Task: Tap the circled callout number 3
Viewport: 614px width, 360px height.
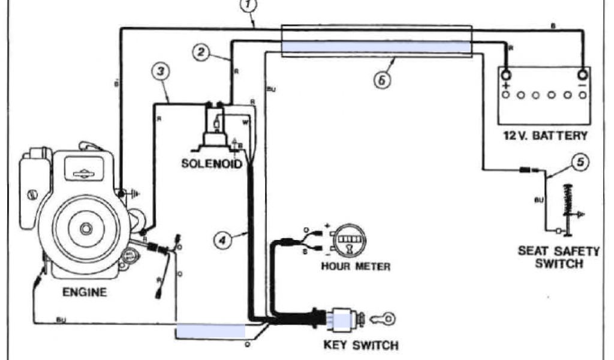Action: click(x=160, y=71)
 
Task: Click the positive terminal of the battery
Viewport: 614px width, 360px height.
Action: click(x=506, y=76)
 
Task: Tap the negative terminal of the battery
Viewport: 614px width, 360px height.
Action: click(x=581, y=76)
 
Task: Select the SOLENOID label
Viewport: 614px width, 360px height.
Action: click(x=212, y=163)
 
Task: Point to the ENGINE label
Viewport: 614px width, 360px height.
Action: click(x=85, y=293)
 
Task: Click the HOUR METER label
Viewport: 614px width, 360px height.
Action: click(x=356, y=266)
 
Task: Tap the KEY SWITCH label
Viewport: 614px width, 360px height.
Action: click(x=360, y=345)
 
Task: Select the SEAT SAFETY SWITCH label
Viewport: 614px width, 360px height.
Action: click(x=558, y=257)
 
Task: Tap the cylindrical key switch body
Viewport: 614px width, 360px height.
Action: click(x=344, y=318)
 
